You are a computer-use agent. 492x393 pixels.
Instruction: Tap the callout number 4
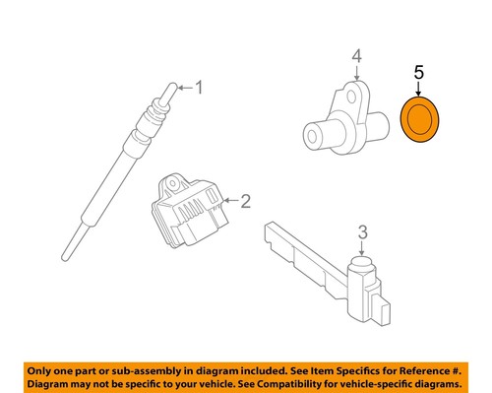coord(357,55)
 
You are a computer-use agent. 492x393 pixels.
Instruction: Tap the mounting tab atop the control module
coord(174,182)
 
